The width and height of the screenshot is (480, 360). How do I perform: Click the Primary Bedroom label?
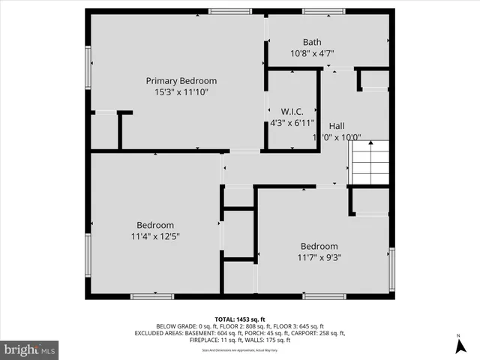pos(181,81)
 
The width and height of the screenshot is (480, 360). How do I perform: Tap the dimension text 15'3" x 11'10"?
pos(181,92)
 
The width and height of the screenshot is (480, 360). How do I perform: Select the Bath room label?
pos(312,42)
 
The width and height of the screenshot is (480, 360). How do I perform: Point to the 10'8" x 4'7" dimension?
pos(312,53)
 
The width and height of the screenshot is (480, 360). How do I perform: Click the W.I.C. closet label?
pos(292,111)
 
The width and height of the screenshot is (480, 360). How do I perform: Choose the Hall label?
pos(337,126)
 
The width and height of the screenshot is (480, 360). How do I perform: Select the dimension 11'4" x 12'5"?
pos(154,236)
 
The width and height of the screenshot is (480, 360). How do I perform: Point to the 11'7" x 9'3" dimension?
pos(319,257)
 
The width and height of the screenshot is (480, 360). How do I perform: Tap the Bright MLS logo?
pos(30,349)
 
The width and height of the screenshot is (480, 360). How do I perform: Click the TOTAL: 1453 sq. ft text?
pos(239,319)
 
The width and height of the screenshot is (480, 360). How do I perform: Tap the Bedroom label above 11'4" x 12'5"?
pos(154,225)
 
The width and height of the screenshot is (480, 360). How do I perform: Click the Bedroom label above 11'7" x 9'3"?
pos(319,246)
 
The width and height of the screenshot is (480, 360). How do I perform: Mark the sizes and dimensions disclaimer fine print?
pos(239,350)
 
